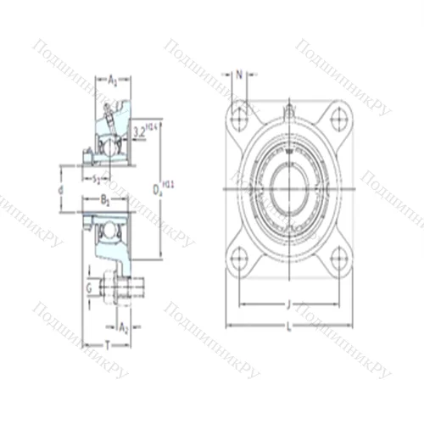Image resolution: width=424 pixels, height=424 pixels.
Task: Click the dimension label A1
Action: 113,80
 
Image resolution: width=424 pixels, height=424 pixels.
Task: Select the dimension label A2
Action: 123,326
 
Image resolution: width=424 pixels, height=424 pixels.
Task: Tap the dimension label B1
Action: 105,201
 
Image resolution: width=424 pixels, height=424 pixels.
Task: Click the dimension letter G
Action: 88,287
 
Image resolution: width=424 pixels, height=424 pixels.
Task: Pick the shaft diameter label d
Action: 60,191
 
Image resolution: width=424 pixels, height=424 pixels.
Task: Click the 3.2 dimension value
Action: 141,130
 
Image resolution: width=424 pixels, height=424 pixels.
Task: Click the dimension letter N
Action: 239,75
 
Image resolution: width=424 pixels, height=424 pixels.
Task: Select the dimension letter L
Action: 289,327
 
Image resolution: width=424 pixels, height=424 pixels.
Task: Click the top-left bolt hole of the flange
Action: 240,116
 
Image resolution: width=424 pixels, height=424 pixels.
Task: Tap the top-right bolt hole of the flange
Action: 338,116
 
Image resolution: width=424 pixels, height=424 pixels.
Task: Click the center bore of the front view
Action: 289,187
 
